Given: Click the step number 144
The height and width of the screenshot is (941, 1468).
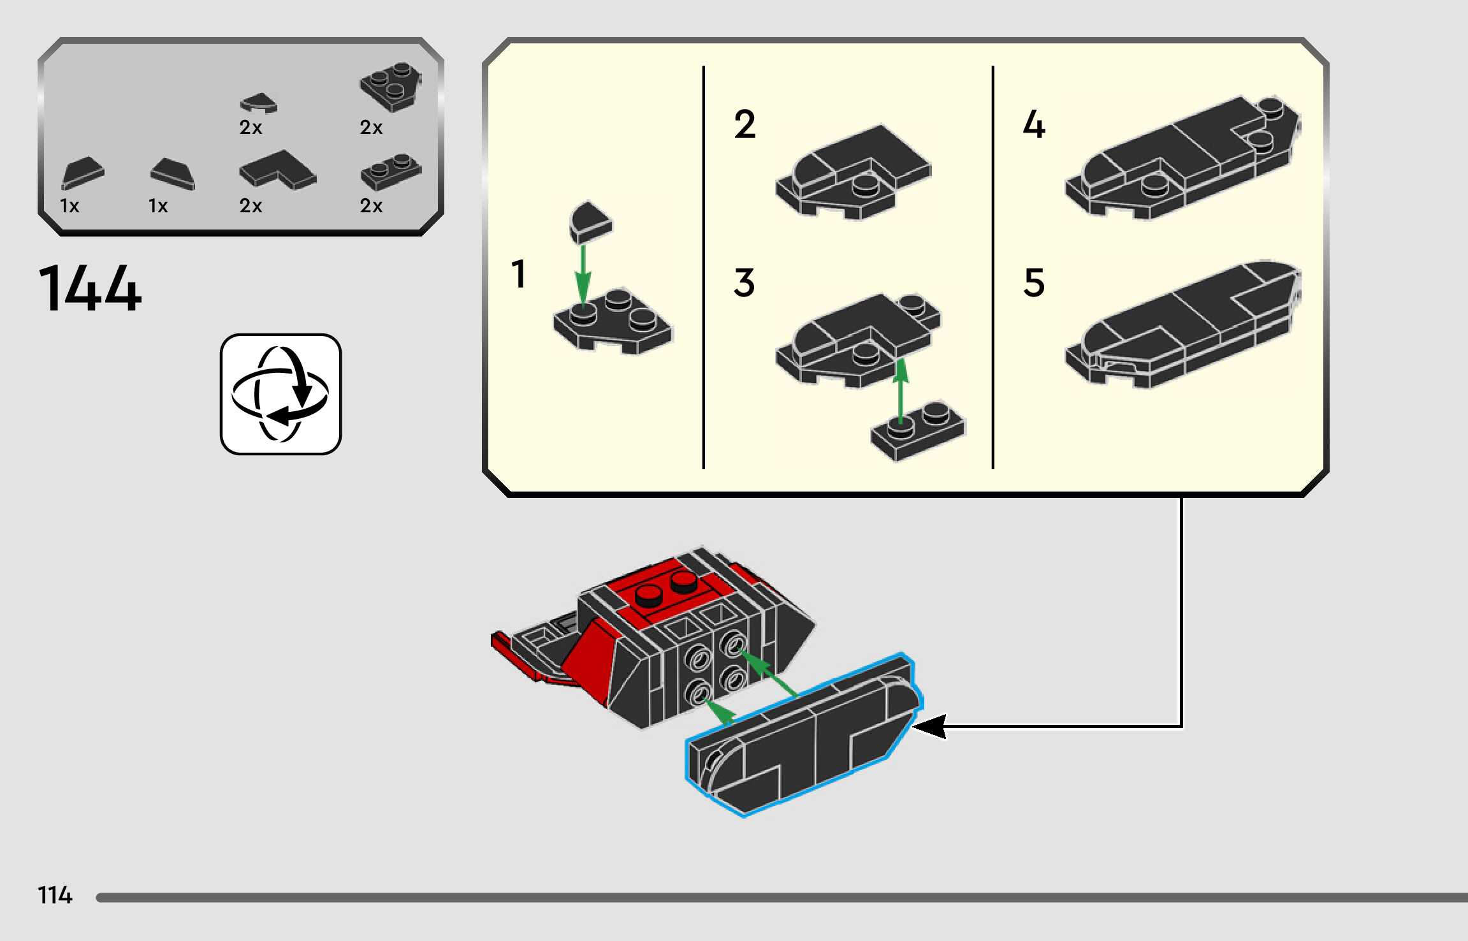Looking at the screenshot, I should click(x=90, y=289).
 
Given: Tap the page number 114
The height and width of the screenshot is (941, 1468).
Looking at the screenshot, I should click(x=55, y=895).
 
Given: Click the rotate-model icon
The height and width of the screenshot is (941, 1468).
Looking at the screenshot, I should click(x=280, y=394).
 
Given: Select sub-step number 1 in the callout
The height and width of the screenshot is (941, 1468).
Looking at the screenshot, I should click(x=519, y=274).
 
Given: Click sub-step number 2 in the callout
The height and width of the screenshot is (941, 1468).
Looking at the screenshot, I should click(x=745, y=124).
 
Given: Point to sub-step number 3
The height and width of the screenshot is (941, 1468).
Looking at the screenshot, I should click(x=745, y=282).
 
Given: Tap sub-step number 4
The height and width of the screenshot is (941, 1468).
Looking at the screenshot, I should click(x=1034, y=124).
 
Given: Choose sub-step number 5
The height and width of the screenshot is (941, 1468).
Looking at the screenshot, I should click(x=1034, y=282).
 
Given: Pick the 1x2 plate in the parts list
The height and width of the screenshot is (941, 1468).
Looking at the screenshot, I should click(x=391, y=171).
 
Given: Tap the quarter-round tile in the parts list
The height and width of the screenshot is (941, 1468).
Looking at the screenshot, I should click(x=259, y=102).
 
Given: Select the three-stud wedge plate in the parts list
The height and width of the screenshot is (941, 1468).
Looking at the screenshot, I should click(x=390, y=85).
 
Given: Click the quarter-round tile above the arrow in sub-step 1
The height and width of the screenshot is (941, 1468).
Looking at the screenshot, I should click(x=590, y=222).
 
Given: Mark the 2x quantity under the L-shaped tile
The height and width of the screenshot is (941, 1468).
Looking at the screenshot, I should click(x=251, y=206).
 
